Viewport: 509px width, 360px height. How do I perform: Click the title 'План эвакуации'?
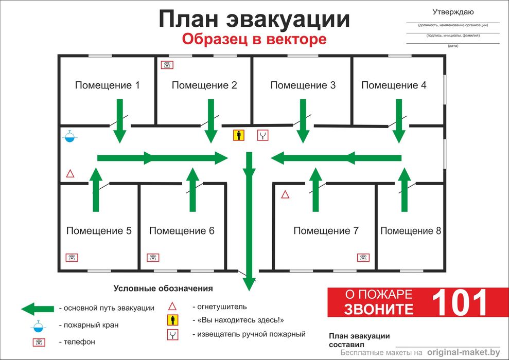tap(254, 19)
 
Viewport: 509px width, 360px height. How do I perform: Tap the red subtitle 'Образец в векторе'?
tap(254, 39)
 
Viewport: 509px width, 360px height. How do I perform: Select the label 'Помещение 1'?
tap(107, 85)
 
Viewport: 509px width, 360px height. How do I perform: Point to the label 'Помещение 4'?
tap(394, 85)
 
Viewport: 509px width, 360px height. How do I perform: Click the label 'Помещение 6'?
tap(182, 230)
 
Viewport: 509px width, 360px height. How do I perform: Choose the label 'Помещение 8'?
tap(411, 230)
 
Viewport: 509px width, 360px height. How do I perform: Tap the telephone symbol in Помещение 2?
tap(167, 65)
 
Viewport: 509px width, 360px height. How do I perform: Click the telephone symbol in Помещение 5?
tap(72, 258)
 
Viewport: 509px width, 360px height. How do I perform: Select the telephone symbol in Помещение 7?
tap(363, 258)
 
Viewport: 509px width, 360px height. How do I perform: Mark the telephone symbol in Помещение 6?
tap(153, 258)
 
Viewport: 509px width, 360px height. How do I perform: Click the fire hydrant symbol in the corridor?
tap(70, 136)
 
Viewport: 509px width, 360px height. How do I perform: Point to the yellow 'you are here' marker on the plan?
tap(239, 135)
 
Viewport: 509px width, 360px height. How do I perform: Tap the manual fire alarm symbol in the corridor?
tap(262, 135)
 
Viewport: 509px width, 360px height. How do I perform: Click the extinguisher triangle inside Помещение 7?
tap(285, 194)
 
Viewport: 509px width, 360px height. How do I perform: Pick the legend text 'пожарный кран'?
tap(91, 325)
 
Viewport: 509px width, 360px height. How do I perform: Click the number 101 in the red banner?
tap(460, 302)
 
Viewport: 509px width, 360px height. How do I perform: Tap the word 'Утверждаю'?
tap(453, 12)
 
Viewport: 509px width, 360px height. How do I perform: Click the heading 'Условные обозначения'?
tap(163, 289)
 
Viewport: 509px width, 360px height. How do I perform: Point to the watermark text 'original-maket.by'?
tap(464, 352)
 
